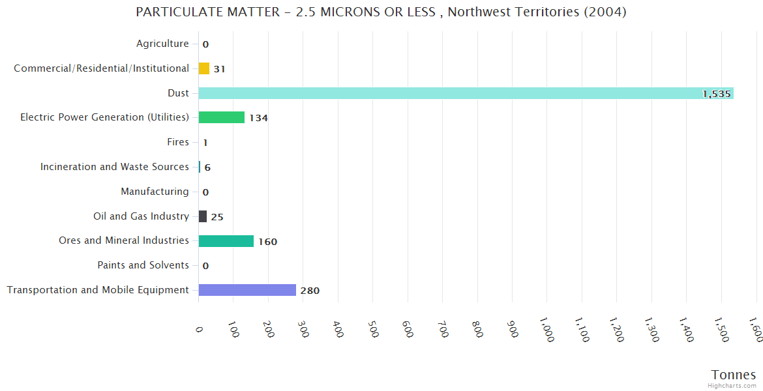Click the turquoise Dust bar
click(466, 93)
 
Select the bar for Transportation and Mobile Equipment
click(247, 290)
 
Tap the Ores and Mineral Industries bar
click(226, 241)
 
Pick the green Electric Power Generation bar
click(222, 117)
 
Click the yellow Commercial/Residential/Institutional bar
click(204, 68)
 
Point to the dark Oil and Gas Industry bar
click(203, 216)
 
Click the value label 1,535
click(716, 94)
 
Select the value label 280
click(310, 291)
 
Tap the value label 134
click(258, 118)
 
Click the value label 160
click(267, 242)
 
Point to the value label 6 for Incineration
click(207, 167)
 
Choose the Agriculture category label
click(162, 44)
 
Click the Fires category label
click(178, 142)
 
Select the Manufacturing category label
click(155, 192)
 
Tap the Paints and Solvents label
click(143, 265)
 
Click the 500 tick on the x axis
click(372, 328)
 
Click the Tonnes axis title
click(733, 375)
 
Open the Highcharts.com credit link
click(732, 385)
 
